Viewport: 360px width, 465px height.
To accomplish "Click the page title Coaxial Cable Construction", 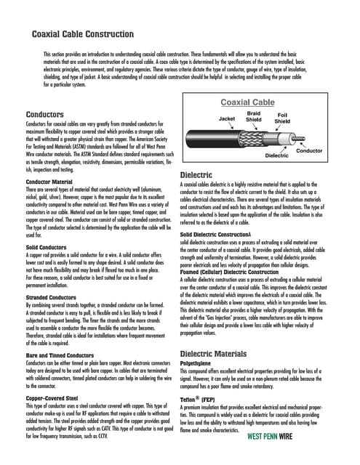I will [92, 33].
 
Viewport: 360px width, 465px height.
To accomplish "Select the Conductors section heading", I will [44, 115].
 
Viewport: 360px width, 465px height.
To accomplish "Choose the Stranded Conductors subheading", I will [51, 297].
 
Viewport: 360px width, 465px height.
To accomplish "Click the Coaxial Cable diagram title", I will [247, 102].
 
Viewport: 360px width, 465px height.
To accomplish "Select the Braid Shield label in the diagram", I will [255, 117].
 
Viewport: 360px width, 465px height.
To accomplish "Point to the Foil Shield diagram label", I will [282, 117].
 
